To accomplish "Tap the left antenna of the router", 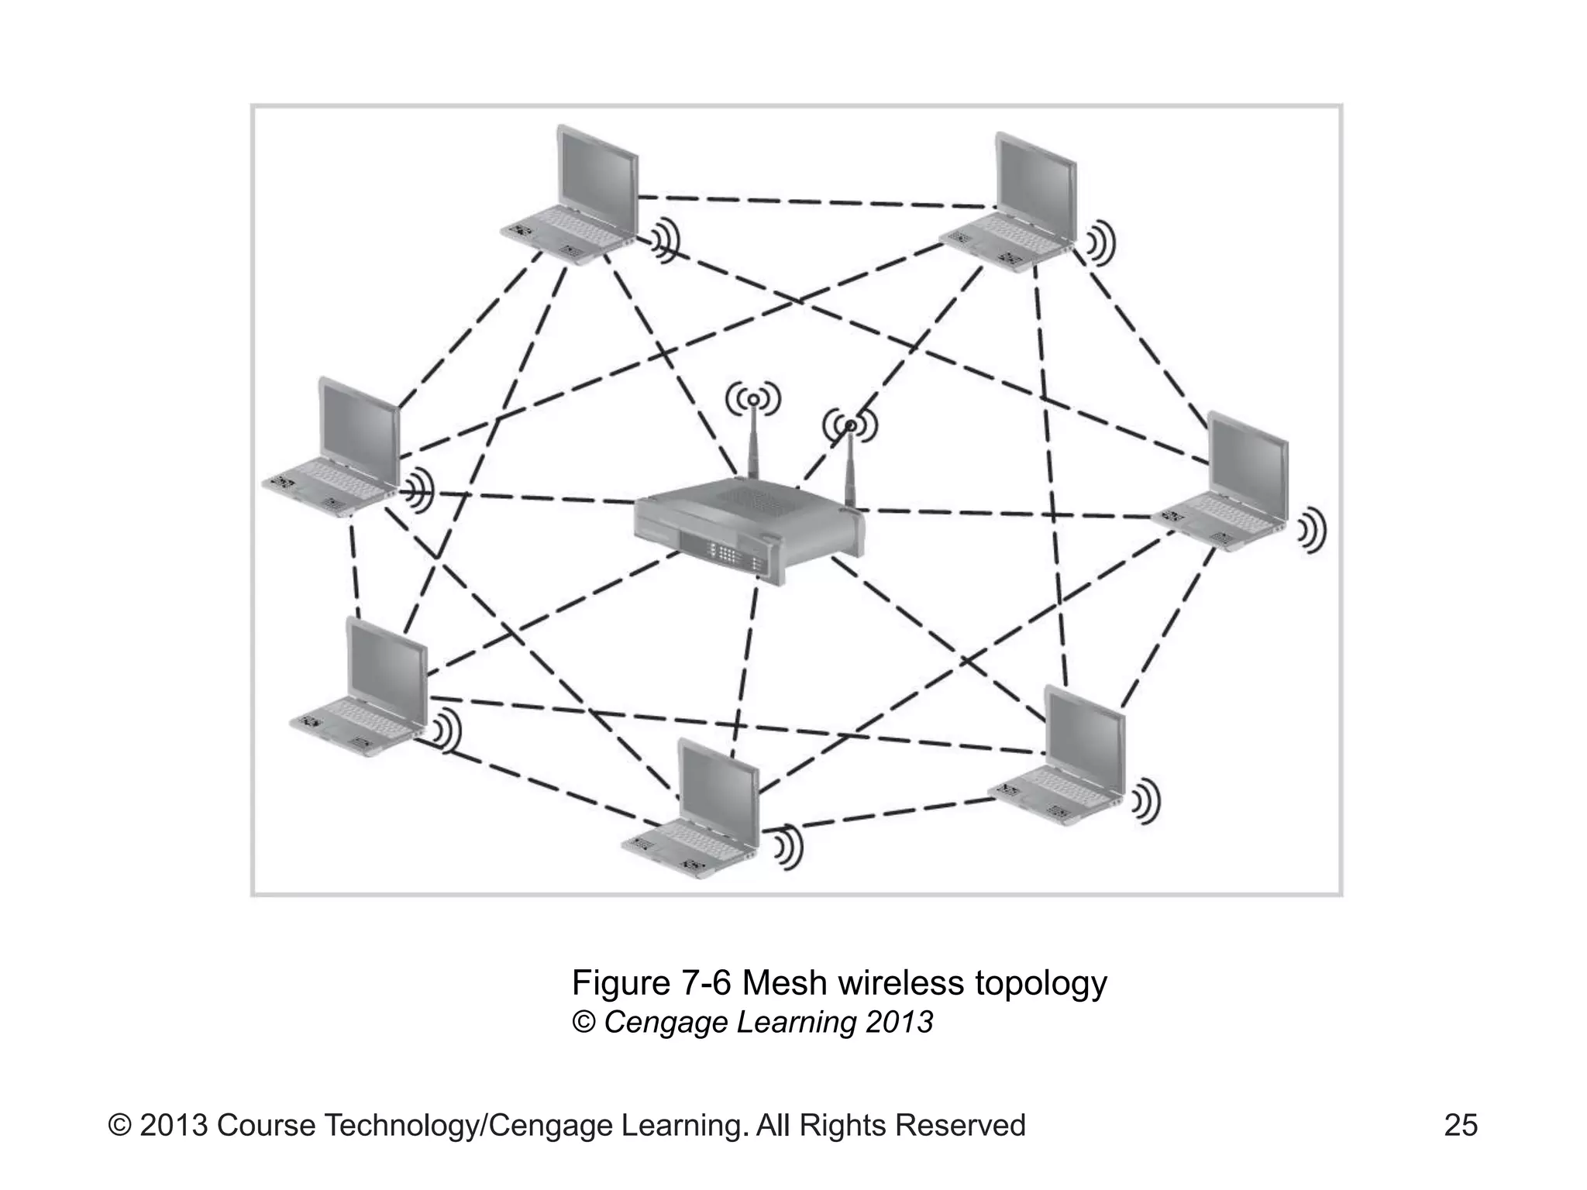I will tap(751, 449).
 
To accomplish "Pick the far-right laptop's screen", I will tap(1249, 466).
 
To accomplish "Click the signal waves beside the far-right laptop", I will tap(1312, 531).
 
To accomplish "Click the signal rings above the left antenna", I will tap(752, 400).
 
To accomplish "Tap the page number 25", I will tap(1460, 1124).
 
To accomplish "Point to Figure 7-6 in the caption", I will tap(652, 983).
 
